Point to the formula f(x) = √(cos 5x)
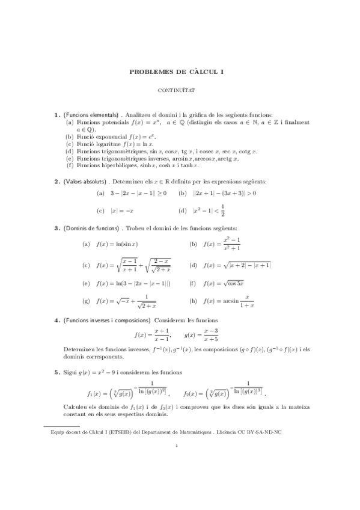224,283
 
